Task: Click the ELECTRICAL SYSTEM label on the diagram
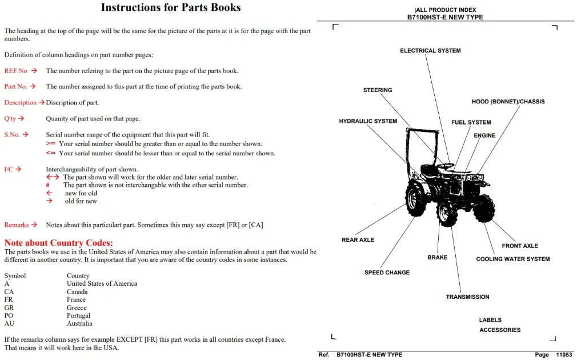tap(430, 50)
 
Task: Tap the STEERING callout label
tap(378, 90)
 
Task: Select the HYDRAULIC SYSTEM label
tap(368, 121)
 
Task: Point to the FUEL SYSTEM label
tap(471, 122)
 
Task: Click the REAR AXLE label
tap(358, 239)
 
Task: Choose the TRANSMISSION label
tap(467, 297)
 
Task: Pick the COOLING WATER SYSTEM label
tap(513, 259)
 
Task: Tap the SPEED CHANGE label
tap(387, 273)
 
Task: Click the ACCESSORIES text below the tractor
tap(500, 330)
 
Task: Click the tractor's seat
tap(430, 170)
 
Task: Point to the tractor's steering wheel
tap(446, 166)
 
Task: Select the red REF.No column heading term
tap(16, 71)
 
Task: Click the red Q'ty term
tap(10, 118)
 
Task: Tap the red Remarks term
tap(17, 225)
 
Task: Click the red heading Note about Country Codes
tap(58, 243)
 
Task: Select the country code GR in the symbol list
tap(9, 307)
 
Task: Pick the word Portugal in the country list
tap(78, 315)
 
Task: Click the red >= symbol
tap(50, 143)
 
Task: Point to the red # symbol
tap(47, 185)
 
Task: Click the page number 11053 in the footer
tap(564, 354)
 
